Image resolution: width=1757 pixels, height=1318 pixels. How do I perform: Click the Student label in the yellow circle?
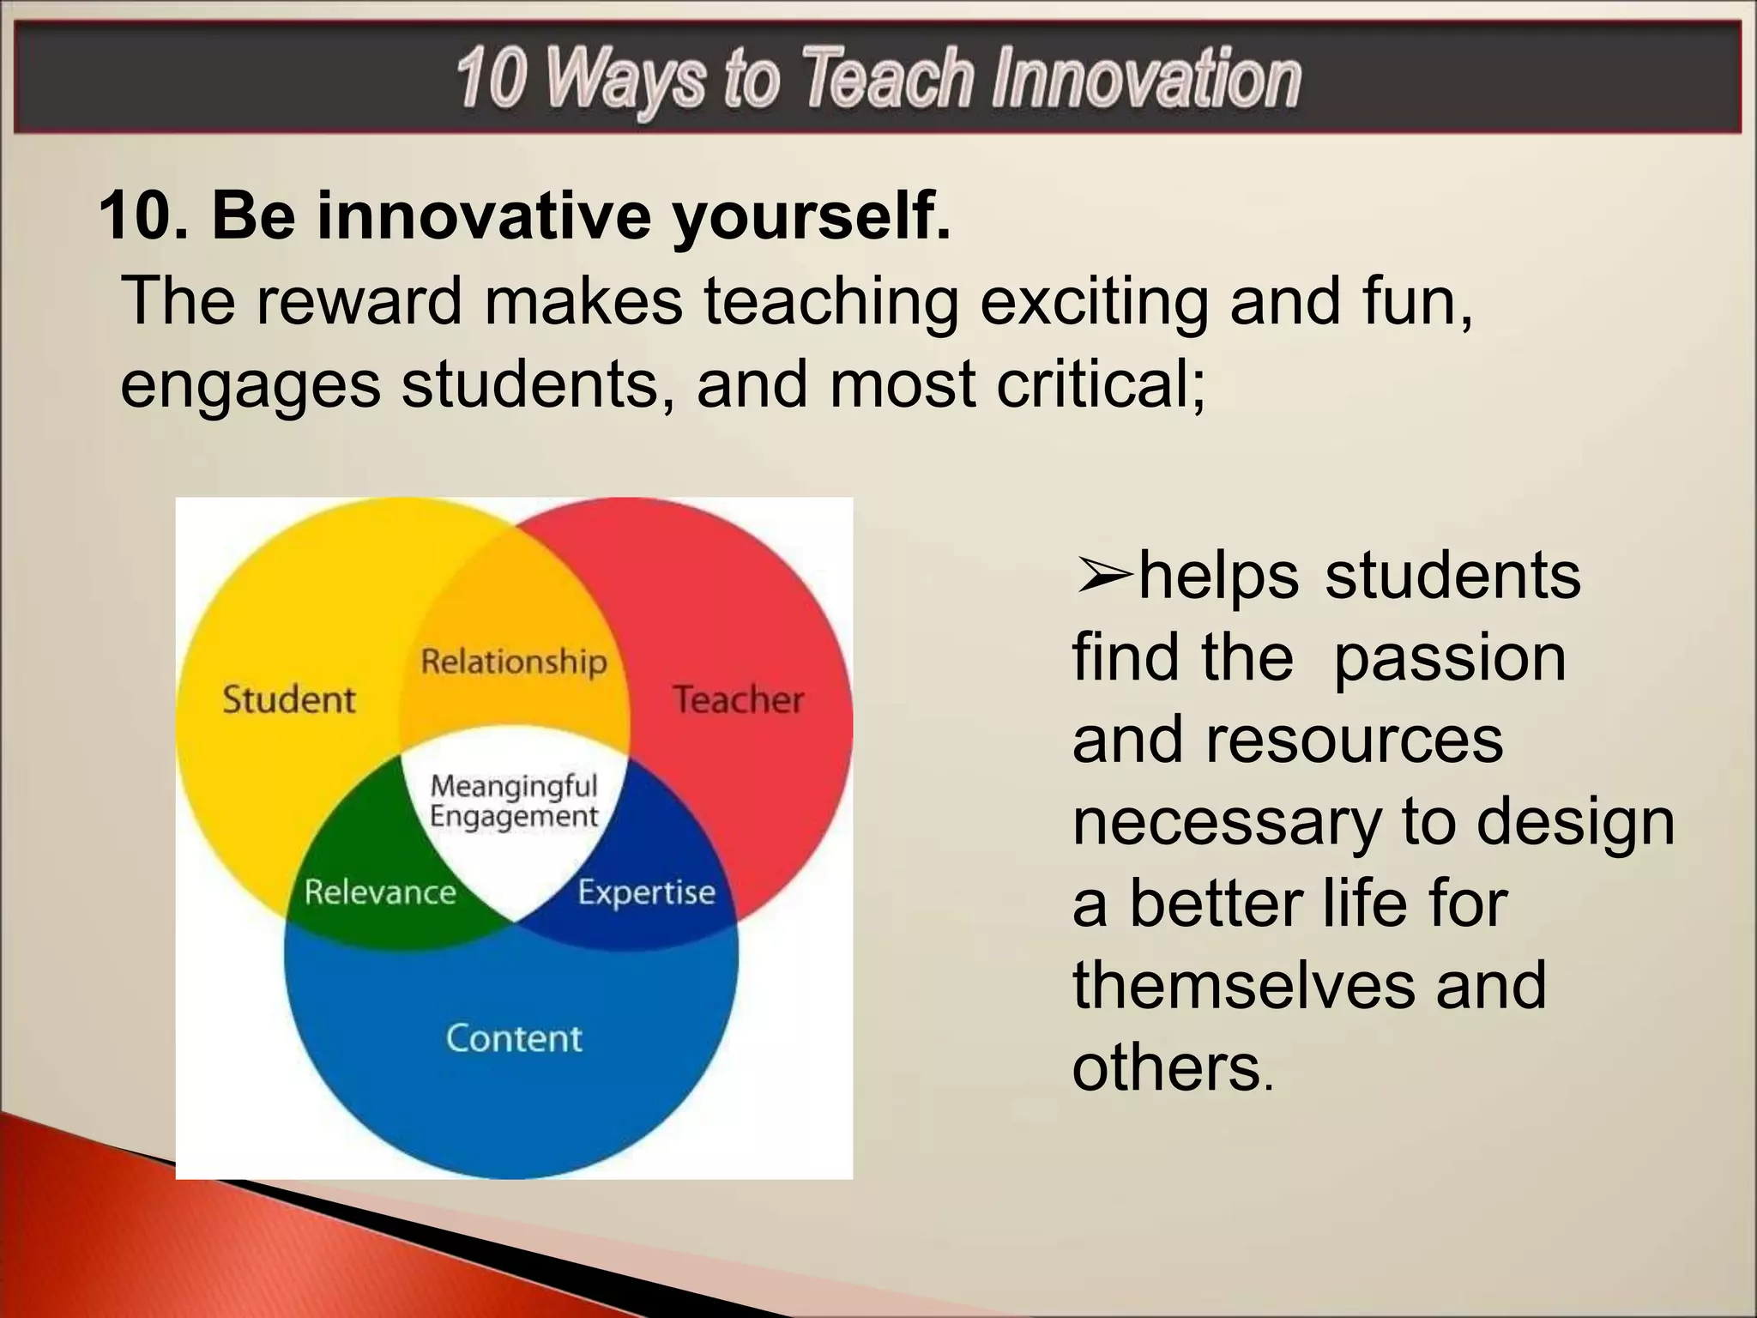click(x=288, y=699)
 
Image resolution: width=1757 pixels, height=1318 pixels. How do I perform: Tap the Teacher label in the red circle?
click(x=738, y=699)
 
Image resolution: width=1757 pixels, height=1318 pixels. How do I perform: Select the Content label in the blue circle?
click(x=514, y=1038)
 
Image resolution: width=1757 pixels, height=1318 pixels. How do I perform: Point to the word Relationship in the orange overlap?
click(x=514, y=662)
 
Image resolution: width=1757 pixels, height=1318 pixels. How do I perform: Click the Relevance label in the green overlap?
click(x=380, y=892)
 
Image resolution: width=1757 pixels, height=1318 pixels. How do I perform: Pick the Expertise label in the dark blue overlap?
click(x=646, y=892)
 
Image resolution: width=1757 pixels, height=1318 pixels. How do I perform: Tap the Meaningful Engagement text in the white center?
click(x=514, y=801)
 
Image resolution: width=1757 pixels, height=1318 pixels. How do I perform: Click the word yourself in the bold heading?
click(x=811, y=215)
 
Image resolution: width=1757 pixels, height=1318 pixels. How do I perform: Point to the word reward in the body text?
click(x=359, y=301)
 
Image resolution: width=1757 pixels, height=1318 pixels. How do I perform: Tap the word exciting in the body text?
click(x=1094, y=301)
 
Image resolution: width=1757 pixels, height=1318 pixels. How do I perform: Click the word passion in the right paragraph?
click(x=1450, y=659)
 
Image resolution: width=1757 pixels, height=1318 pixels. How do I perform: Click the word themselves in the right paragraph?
click(x=1242, y=985)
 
